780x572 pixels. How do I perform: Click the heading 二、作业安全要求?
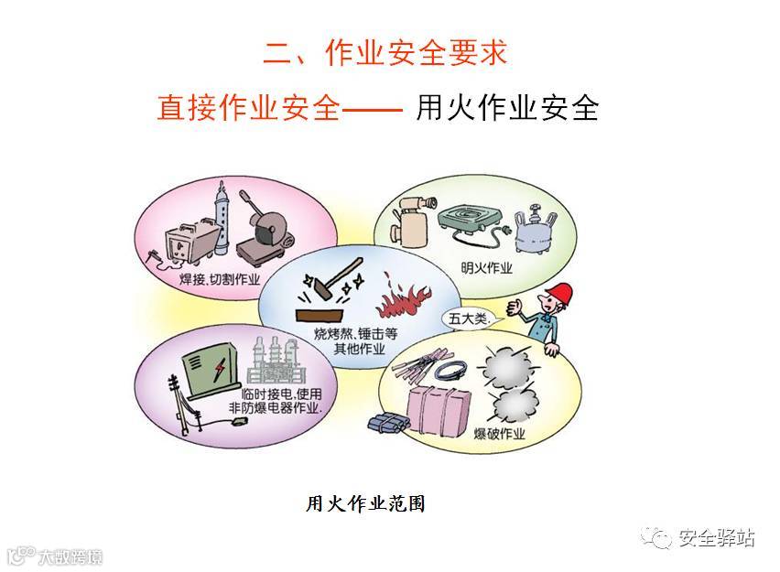385,51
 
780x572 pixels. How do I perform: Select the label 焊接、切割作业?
220,276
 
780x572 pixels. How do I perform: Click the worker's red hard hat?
558,296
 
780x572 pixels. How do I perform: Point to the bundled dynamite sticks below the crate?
382,425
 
